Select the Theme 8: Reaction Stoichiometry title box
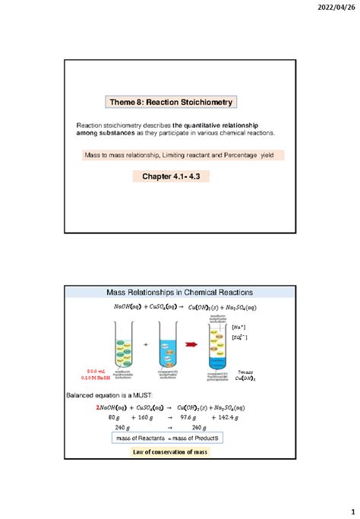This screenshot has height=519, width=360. [171, 102]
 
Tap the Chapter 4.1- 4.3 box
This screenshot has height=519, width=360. [171, 176]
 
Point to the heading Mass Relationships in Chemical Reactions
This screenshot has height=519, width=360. [179, 293]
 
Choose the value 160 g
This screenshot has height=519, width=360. [150, 417]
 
